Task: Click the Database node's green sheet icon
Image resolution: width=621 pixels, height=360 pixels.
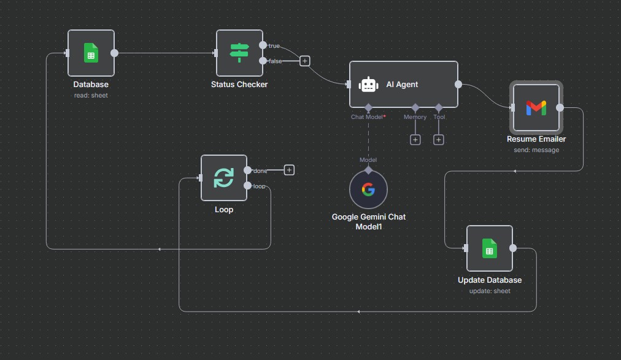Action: [91, 53]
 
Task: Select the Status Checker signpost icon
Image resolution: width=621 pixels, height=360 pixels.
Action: [239, 53]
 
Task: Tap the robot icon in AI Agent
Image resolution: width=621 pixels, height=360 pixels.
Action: [368, 85]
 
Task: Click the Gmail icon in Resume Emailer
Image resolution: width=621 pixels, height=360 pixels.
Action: [536, 108]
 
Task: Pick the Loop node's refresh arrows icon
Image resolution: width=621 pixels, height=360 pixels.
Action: [223, 178]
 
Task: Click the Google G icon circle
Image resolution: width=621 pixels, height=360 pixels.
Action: [368, 190]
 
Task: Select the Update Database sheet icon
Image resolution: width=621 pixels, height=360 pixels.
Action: [489, 248]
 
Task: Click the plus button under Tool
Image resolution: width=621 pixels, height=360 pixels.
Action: [439, 140]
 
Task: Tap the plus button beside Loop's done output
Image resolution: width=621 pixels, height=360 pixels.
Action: [289, 170]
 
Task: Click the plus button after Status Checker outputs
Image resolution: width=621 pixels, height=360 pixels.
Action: [305, 61]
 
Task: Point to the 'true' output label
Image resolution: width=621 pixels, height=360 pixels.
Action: [274, 46]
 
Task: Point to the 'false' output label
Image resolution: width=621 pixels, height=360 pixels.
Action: [276, 61]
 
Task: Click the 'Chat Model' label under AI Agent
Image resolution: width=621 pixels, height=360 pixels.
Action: [367, 117]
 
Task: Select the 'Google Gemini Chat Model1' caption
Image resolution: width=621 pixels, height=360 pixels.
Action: [368, 221]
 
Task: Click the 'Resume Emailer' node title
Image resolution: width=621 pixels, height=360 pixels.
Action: [536, 139]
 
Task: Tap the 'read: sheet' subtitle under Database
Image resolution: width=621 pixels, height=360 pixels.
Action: [91, 95]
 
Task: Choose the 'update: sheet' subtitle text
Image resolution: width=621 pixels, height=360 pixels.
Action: [489, 291]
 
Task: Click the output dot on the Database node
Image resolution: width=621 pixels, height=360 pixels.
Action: [114, 53]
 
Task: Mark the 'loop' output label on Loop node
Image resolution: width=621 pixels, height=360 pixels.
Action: [260, 186]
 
